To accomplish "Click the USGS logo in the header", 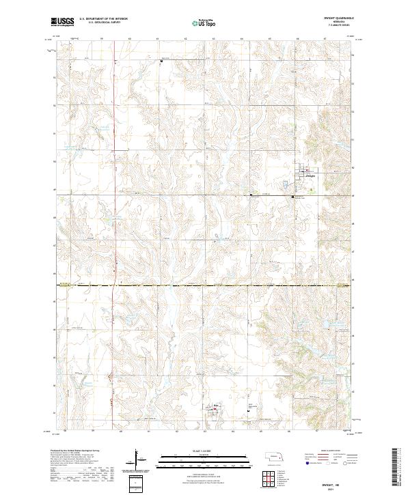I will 62,23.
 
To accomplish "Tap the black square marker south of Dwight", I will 293,197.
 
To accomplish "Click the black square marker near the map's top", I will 161,61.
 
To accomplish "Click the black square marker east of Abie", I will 247,410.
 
